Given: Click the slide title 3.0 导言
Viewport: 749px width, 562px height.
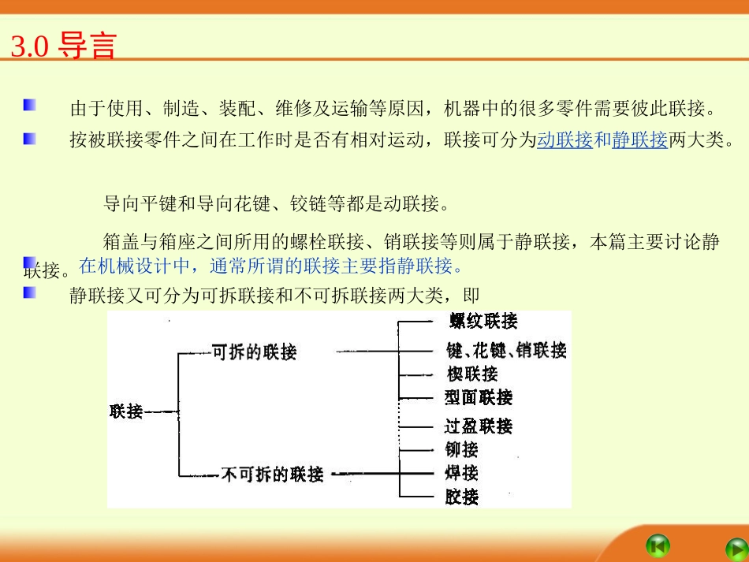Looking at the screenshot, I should pyautogui.click(x=63, y=47).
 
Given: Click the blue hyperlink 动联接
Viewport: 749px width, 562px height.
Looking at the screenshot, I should pyautogui.click(x=565, y=141).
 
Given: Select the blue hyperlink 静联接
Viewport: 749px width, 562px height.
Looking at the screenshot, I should pyautogui.click(x=639, y=141).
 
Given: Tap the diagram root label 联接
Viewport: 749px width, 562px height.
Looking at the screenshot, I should pyautogui.click(x=126, y=411).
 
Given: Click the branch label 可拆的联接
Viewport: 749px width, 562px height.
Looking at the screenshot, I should pyautogui.click(x=255, y=352).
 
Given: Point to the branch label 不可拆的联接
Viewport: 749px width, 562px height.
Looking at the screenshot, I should pyautogui.click(x=272, y=475).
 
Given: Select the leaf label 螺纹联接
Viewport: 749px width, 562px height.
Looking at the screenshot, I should pyautogui.click(x=483, y=321).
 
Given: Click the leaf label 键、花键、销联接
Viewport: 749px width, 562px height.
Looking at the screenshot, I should pyautogui.click(x=506, y=350).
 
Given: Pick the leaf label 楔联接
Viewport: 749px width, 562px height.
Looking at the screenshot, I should pyautogui.click(x=471, y=374).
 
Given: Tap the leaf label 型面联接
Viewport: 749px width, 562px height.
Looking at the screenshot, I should pyautogui.click(x=478, y=397).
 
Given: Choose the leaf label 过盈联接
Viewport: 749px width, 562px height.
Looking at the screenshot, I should pyautogui.click(x=478, y=426).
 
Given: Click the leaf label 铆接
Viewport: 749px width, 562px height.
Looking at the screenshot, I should pyautogui.click(x=461, y=450).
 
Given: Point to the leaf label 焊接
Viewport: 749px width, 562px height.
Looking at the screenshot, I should pyautogui.click(x=461, y=473).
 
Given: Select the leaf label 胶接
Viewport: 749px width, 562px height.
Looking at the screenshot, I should pyautogui.click(x=461, y=497).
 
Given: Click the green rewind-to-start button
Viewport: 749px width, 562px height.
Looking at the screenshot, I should pyautogui.click(x=658, y=545).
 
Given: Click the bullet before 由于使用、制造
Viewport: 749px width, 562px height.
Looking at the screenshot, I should pyautogui.click(x=29, y=105).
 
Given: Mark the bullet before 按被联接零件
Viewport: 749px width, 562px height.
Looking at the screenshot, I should pyautogui.click(x=29, y=138).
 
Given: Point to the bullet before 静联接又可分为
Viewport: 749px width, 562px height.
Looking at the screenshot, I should pyautogui.click(x=29, y=292).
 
